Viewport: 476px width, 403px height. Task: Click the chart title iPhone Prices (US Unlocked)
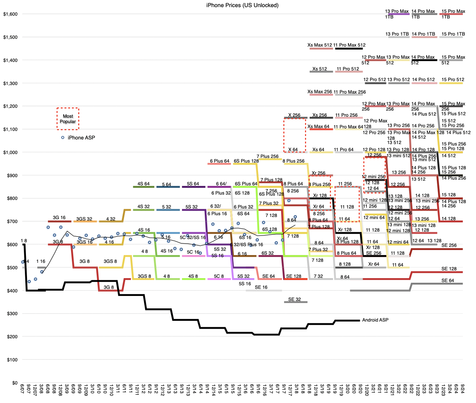242,5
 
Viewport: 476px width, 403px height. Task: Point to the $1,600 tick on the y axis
10,14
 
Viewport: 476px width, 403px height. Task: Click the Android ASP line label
375,320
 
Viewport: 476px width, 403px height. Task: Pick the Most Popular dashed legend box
68,119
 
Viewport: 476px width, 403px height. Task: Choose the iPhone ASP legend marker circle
63,138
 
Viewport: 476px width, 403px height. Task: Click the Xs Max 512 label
320,45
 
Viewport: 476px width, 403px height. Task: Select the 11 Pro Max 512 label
349,45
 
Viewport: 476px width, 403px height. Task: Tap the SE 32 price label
294,299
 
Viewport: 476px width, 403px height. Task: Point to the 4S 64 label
144,184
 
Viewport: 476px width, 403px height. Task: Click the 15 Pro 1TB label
453,34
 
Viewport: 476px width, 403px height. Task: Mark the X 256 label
294,115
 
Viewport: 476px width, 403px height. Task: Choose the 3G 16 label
59,218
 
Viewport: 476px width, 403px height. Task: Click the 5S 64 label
193,184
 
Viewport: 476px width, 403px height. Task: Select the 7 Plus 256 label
267,157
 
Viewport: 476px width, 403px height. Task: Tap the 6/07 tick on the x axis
23,388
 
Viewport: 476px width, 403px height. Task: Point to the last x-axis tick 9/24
463,388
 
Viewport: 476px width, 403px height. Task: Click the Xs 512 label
320,69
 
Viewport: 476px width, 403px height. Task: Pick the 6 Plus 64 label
220,161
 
